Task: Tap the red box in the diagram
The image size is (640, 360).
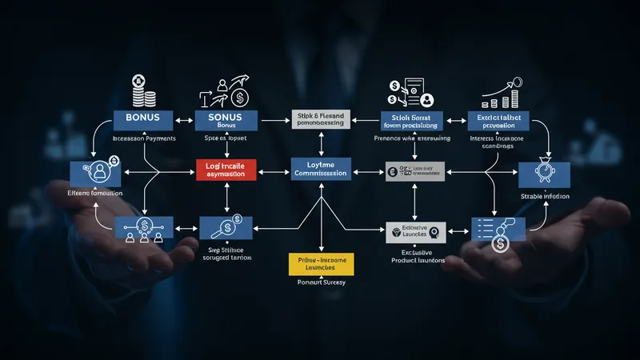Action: pyautogui.click(x=226, y=169)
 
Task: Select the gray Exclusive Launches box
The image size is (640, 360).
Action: pyautogui.click(x=414, y=232)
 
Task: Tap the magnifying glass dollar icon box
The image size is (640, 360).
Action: pyautogui.click(x=226, y=230)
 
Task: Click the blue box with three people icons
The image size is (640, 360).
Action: pyautogui.click(x=143, y=228)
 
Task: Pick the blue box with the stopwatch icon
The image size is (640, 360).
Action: pyautogui.click(x=544, y=174)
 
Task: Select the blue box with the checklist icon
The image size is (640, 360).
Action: pyautogui.click(x=497, y=230)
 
